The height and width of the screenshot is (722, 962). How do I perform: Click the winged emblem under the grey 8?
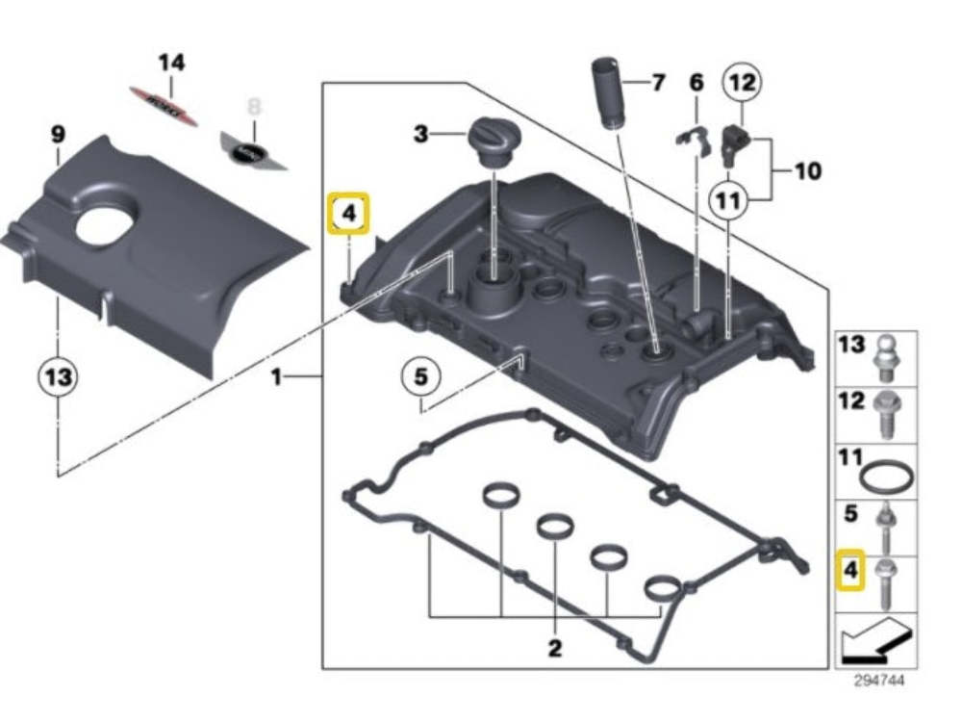pos(253,151)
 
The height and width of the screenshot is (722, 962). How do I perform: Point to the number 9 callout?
pos(57,135)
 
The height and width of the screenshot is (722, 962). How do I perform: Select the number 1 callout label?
pos(276,377)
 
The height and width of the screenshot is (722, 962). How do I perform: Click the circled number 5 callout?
pos(420,378)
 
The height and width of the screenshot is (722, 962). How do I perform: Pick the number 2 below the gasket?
pos(554,648)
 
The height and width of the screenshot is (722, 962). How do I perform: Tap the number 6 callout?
pos(696,84)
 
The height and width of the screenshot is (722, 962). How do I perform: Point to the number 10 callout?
pos(807,171)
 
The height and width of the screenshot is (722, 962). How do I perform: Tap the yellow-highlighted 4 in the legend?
pos(850,570)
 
